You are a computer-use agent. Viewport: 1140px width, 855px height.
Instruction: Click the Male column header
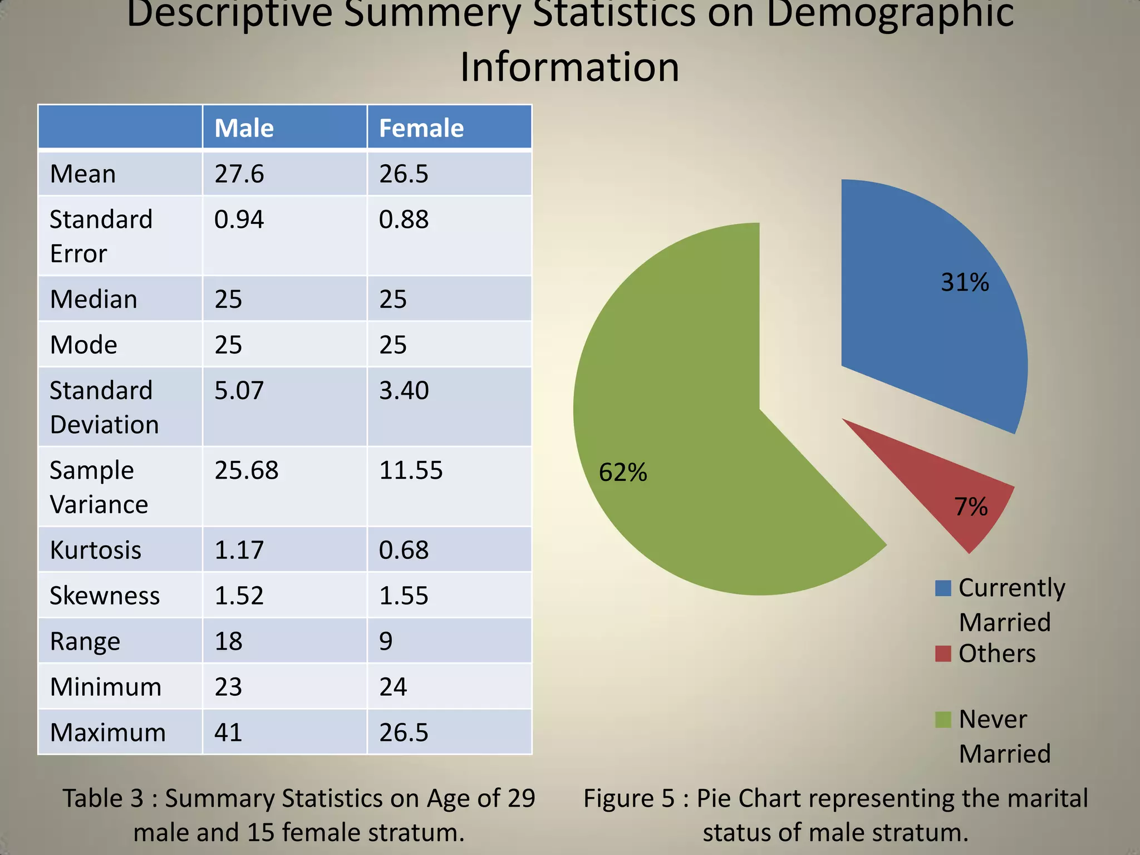click(x=244, y=128)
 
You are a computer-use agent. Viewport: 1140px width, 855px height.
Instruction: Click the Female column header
click(x=421, y=128)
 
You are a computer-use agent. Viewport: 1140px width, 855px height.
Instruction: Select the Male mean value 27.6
click(x=239, y=174)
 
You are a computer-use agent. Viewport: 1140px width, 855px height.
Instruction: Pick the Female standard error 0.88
click(x=404, y=220)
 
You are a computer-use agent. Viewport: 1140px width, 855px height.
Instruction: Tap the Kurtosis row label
click(x=95, y=550)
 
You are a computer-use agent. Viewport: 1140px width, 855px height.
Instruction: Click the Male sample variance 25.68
click(x=246, y=470)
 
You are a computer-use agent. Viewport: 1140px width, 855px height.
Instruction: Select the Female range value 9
click(x=386, y=641)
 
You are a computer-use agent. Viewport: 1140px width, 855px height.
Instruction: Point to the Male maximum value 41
click(x=228, y=733)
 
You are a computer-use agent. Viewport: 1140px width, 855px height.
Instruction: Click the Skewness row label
click(x=104, y=596)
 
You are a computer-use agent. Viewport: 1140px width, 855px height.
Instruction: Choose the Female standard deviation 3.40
click(x=404, y=391)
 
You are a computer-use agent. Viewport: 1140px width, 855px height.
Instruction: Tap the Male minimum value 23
click(x=228, y=687)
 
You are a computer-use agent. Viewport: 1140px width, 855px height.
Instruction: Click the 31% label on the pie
click(x=965, y=282)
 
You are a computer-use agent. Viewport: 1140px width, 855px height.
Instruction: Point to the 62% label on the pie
click(x=622, y=473)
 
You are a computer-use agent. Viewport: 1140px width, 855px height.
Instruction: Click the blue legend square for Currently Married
click(x=943, y=588)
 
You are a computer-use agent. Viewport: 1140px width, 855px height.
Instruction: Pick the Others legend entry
click(x=996, y=653)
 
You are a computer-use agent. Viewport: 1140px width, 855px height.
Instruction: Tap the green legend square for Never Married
click(x=943, y=720)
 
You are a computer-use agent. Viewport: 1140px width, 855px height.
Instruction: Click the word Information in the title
click(x=569, y=67)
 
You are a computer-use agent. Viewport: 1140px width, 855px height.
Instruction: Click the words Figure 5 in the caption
click(x=628, y=798)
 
